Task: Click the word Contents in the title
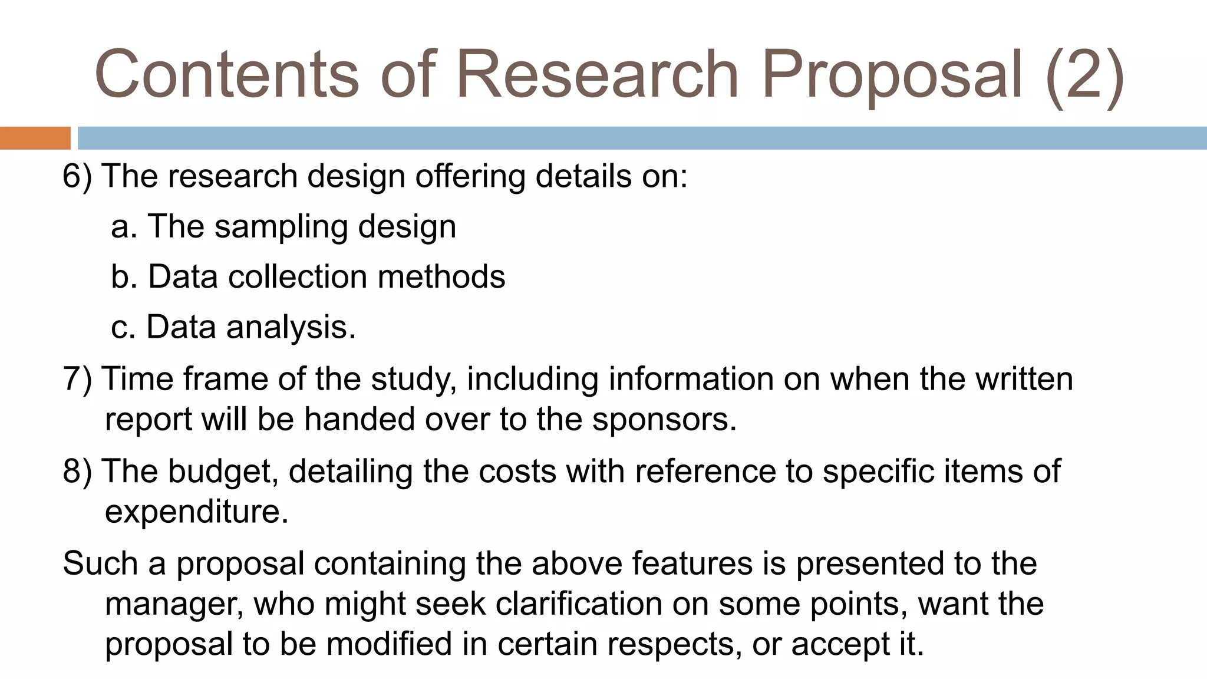pyautogui.click(x=226, y=74)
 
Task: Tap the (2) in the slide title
pyautogui.click(x=1085, y=75)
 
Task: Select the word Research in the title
pyautogui.click(x=597, y=74)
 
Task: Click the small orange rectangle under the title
pyautogui.click(x=35, y=138)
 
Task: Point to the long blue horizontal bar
pyautogui.click(x=642, y=138)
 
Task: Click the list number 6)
pyautogui.click(x=77, y=176)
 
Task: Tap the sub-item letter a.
pyautogui.click(x=124, y=227)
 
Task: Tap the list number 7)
pyautogui.click(x=77, y=379)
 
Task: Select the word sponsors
pyautogui.click(x=664, y=420)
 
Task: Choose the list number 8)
pyautogui.click(x=77, y=472)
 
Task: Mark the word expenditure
pyautogui.click(x=196, y=512)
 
